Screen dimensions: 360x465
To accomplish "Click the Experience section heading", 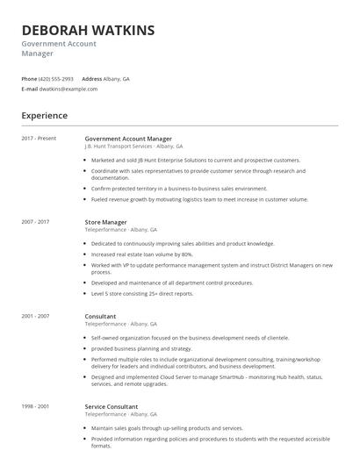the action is click(44, 115).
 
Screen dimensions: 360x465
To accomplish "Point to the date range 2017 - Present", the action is click(39, 139).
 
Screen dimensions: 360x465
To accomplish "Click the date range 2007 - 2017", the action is click(36, 222).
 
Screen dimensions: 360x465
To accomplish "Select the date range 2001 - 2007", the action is click(36, 316).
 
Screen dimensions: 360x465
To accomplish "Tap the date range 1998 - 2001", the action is click(36, 406).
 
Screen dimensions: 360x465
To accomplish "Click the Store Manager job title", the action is click(105, 222).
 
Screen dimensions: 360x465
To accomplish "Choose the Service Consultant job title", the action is click(112, 406).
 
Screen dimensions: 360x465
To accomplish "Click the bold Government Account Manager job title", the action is click(128, 139).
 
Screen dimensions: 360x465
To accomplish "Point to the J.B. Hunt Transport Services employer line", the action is click(133, 147).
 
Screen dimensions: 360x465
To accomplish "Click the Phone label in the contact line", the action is click(29, 78).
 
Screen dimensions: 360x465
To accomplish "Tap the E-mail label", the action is click(30, 89).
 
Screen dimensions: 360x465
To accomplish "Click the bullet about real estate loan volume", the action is click(141, 254).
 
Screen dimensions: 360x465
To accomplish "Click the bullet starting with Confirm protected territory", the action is click(178, 189).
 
